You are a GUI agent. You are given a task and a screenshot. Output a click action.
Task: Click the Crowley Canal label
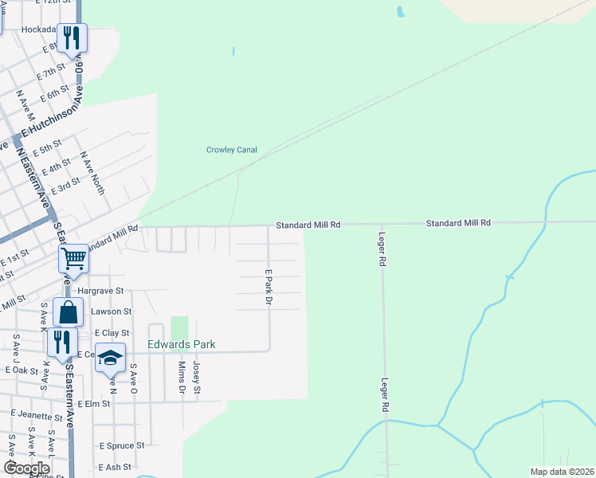pos(233,150)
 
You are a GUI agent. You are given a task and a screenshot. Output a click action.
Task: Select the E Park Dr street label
pos(269,288)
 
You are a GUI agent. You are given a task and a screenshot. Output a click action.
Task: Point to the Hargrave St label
pos(101,292)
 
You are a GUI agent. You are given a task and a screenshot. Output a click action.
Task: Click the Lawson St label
pos(111,311)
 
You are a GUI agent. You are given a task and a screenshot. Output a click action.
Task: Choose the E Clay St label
pos(112,332)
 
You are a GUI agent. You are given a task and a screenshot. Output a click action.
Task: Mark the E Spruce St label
pos(121,446)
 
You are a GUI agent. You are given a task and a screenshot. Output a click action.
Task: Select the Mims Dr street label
pos(182,378)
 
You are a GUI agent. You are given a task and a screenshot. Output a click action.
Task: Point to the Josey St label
pos(197,378)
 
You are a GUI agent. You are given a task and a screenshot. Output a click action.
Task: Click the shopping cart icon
pos(73,259)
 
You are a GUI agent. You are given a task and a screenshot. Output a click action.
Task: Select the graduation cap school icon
pos(111,358)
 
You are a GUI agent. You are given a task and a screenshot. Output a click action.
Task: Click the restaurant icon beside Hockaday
pos(72,37)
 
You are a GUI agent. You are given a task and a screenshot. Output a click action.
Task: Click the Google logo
pos(26,468)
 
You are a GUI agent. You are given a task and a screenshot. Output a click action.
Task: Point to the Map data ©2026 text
pos(562,472)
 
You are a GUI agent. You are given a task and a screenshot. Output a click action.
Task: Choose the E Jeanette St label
pos(37,416)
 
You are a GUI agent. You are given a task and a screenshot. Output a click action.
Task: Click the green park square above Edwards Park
pos(179,327)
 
